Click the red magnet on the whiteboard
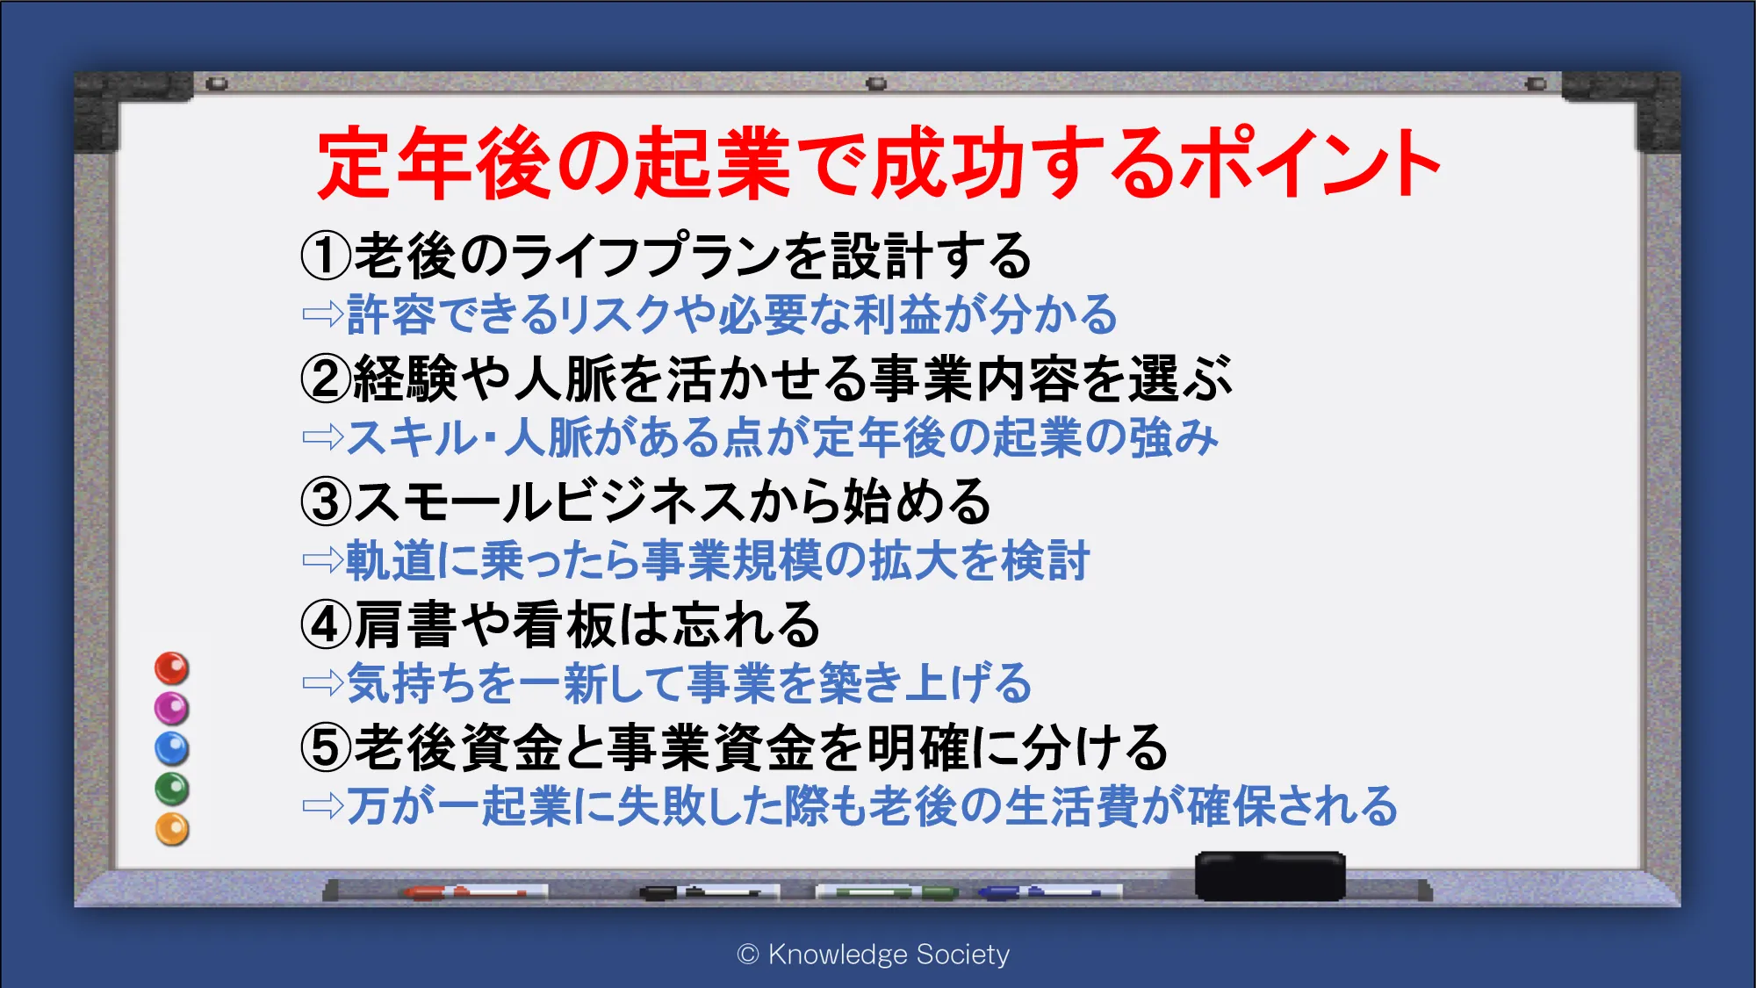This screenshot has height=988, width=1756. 172,668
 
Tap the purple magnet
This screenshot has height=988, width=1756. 172,708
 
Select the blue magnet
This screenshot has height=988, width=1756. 172,748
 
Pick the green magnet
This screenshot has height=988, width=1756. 172,789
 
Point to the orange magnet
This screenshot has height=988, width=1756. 172,829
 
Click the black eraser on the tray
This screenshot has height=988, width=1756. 1270,876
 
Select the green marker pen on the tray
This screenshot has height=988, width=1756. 887,892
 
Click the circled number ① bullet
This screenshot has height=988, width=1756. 326,256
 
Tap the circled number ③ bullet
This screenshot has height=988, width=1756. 326,501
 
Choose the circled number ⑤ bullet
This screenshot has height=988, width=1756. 326,747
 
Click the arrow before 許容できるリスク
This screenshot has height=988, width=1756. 323,314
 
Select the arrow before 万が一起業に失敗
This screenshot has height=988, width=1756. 323,805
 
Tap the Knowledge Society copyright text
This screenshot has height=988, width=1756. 874,954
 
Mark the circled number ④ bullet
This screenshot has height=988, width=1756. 326,624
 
